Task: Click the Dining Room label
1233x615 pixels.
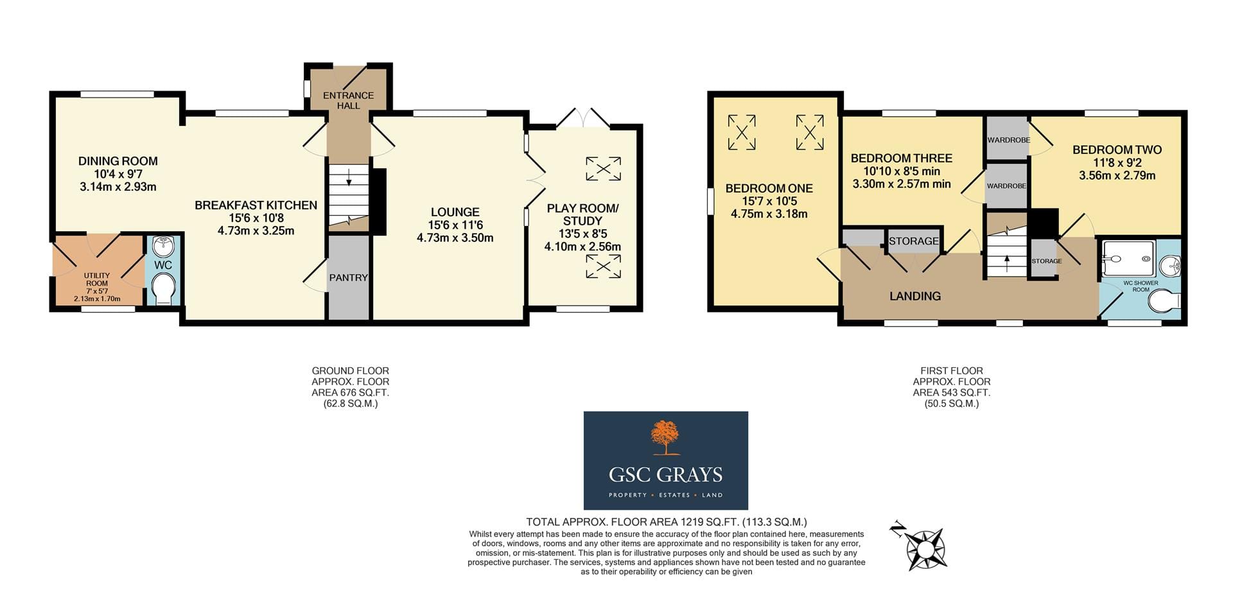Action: [118, 161]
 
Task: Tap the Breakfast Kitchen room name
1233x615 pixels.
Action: [256, 205]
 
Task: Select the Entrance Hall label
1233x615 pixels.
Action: [348, 100]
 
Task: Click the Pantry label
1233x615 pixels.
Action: [348, 278]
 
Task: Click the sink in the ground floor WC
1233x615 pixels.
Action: [164, 247]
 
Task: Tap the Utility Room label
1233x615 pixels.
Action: [97, 279]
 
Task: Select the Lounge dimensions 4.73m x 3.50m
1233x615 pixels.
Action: [455, 238]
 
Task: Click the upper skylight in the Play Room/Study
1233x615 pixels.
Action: [603, 169]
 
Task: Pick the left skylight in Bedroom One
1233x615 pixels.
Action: [742, 132]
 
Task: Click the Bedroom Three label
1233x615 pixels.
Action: [901, 158]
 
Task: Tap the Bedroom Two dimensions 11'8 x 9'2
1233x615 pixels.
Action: [1117, 163]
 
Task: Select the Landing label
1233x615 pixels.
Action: [915, 296]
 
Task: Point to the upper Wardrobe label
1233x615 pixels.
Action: [1008, 140]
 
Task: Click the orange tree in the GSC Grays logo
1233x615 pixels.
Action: [665, 438]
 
